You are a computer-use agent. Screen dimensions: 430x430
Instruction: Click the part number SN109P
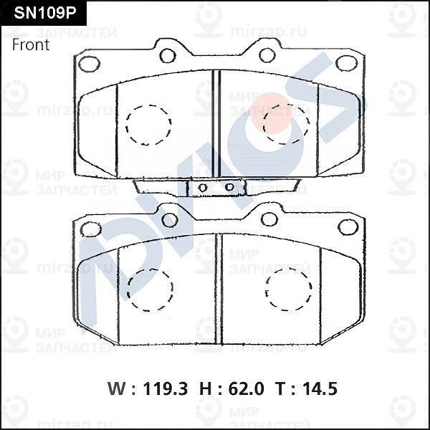[x=44, y=13]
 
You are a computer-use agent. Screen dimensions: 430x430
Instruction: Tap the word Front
[x=31, y=44]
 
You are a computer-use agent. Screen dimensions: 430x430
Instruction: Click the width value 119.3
[x=166, y=388]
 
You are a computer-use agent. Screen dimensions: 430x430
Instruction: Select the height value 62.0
[x=246, y=388]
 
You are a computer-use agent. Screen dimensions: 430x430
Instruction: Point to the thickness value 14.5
[x=320, y=388]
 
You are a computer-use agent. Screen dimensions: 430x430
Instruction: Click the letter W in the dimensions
[x=118, y=388]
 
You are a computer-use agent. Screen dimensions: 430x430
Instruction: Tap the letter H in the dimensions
[x=206, y=388]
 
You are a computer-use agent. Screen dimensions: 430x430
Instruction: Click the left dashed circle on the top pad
[x=126, y=125]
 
